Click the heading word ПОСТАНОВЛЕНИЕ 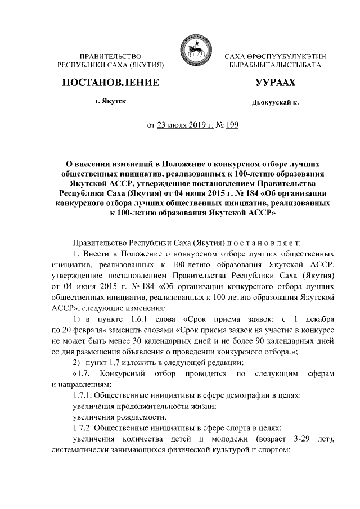click(x=110, y=83)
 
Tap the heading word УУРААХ click(x=275, y=83)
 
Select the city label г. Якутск click(x=110, y=102)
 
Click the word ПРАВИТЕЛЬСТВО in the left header click(x=110, y=57)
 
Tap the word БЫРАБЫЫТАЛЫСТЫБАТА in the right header click(x=275, y=66)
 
